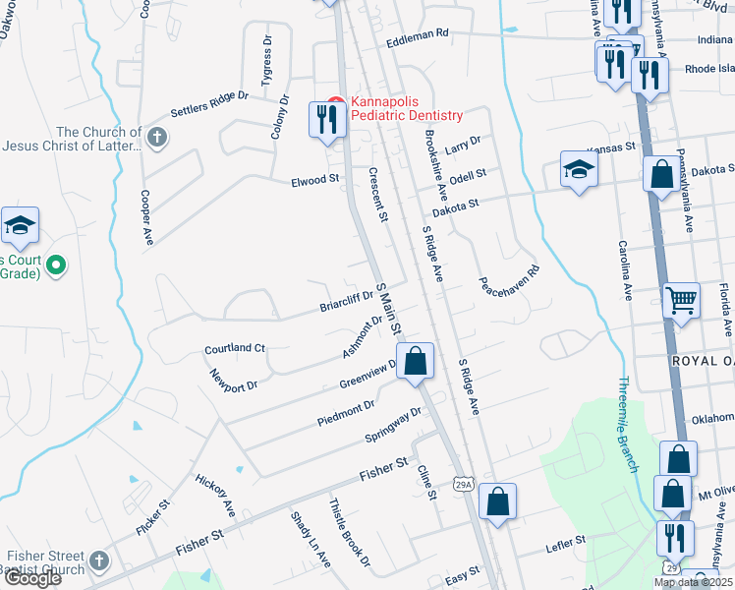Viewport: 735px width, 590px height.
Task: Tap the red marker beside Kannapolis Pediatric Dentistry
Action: point(335,102)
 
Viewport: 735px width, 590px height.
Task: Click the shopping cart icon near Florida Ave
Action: point(681,300)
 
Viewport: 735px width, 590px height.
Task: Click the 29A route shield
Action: point(465,483)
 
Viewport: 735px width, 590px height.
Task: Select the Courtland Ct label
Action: point(235,349)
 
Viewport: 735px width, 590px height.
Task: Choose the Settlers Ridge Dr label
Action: point(209,104)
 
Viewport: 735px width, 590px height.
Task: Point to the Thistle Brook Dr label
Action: point(350,532)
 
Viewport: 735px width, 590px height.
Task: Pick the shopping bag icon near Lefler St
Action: point(498,501)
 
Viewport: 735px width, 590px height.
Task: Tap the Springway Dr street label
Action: point(393,425)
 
